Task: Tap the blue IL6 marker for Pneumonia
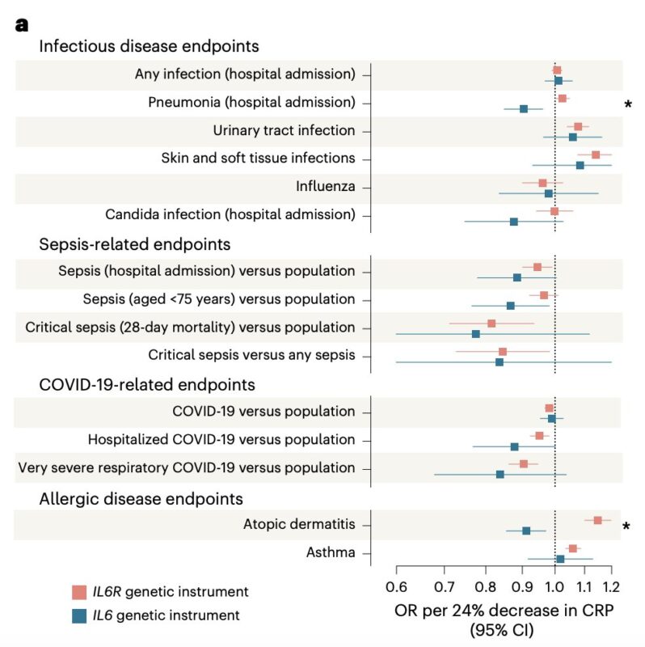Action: click(524, 108)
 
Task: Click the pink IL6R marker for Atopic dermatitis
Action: click(597, 520)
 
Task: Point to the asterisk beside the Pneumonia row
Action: click(628, 104)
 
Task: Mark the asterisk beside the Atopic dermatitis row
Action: click(628, 526)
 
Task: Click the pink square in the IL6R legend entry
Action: click(79, 591)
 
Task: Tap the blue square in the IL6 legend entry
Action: click(79, 615)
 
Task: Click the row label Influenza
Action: click(325, 187)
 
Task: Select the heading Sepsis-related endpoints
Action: click(135, 243)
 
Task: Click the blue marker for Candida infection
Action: click(514, 221)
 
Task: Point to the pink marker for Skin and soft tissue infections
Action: click(596, 154)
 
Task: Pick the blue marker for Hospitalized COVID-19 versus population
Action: click(514, 446)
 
